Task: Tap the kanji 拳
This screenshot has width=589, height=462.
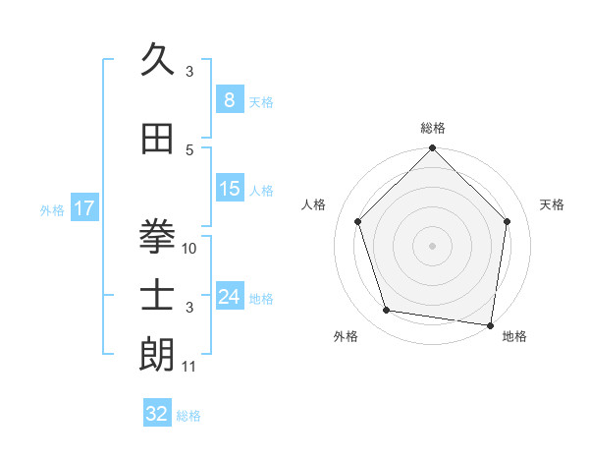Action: [157, 237]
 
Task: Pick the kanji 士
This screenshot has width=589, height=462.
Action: [157, 296]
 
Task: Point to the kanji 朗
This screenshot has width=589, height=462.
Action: [157, 355]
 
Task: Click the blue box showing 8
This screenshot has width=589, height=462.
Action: [229, 99]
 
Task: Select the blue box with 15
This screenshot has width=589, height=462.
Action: [229, 189]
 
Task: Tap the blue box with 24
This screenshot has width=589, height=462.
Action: [229, 296]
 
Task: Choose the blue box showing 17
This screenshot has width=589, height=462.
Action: [84, 208]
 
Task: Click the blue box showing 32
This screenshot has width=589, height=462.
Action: [157, 414]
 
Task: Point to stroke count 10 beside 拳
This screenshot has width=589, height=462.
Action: [190, 249]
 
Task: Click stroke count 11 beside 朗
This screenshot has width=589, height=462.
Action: [190, 368]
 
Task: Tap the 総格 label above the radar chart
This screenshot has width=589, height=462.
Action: [433, 128]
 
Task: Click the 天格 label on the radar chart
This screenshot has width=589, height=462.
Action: [553, 204]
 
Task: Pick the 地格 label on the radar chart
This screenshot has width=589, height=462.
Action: [514, 337]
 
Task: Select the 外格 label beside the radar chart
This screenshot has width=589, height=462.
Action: [346, 337]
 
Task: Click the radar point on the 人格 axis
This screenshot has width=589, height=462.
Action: [357, 221]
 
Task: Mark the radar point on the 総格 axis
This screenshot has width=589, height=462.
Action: [432, 149]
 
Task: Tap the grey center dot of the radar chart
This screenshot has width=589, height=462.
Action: [432, 245]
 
